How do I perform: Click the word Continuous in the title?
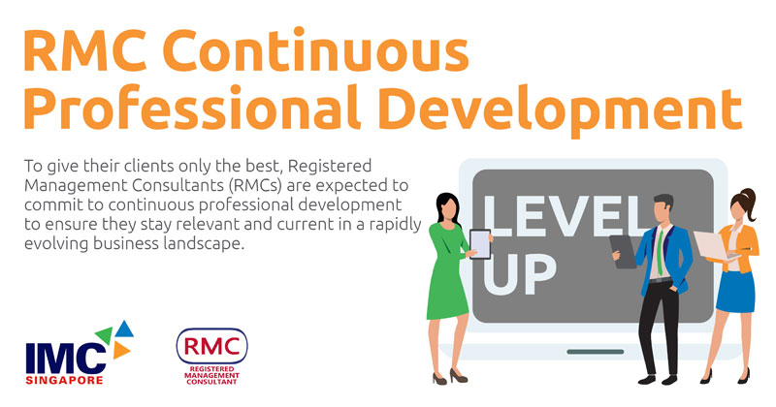pos(315,51)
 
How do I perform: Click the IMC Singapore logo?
pos(80,353)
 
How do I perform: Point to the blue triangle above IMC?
pos(124,329)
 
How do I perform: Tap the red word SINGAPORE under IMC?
pos(64,380)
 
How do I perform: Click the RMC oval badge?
pos(211,346)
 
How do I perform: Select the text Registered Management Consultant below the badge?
pos(211,376)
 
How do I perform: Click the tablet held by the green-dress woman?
pos(480,244)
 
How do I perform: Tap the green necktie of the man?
pos(661,252)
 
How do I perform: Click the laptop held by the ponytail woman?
pos(715,246)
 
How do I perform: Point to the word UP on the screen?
pos(520,275)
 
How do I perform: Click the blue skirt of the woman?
pos(736,292)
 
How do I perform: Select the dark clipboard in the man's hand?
pos(623,251)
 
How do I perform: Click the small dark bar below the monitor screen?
pos(596,352)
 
